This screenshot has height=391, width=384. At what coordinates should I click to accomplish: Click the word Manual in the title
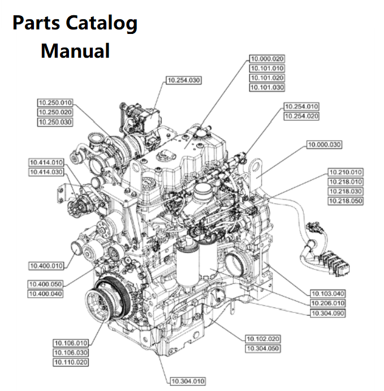tap(75, 51)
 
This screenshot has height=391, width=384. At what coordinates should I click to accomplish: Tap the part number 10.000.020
tap(267, 59)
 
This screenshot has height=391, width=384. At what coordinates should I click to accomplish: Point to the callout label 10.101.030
tap(267, 88)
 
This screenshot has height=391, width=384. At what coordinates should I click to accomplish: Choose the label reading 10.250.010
tap(55, 103)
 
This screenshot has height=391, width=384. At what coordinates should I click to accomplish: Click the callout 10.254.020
tap(301, 116)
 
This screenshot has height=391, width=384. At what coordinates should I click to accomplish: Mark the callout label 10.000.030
tap(324, 145)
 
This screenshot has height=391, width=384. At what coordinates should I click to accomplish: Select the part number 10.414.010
tap(46, 162)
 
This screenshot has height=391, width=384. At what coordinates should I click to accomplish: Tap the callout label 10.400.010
tap(46, 265)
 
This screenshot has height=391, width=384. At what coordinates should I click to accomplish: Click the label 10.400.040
tap(45, 294)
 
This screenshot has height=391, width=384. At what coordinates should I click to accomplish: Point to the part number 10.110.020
tap(71, 362)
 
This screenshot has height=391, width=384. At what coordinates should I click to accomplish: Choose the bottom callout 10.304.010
tap(188, 381)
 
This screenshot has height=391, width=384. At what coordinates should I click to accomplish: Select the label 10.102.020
tap(263, 339)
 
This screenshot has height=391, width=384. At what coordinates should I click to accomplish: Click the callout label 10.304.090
tap(328, 313)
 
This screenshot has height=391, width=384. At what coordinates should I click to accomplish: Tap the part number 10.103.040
tap(328, 294)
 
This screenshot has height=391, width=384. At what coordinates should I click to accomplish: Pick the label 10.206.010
tap(328, 303)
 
